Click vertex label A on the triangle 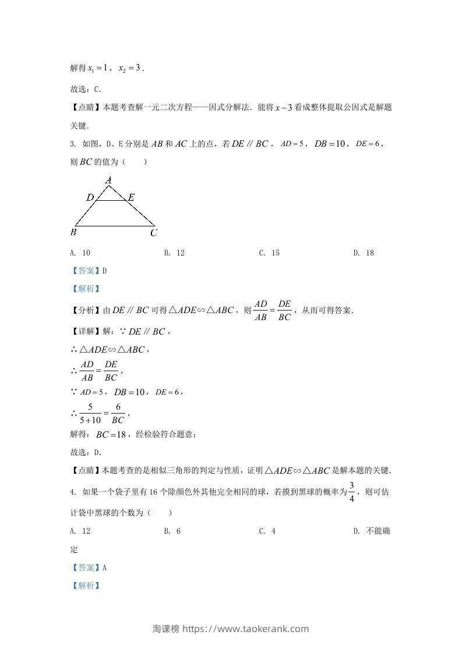108,181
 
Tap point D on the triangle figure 90,198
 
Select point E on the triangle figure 131,198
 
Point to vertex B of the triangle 74,232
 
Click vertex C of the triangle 154,233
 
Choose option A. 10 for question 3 80,253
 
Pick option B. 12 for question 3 174,253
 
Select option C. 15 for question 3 269,253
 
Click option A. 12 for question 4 80,531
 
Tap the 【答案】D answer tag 89,271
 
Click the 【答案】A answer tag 89,567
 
